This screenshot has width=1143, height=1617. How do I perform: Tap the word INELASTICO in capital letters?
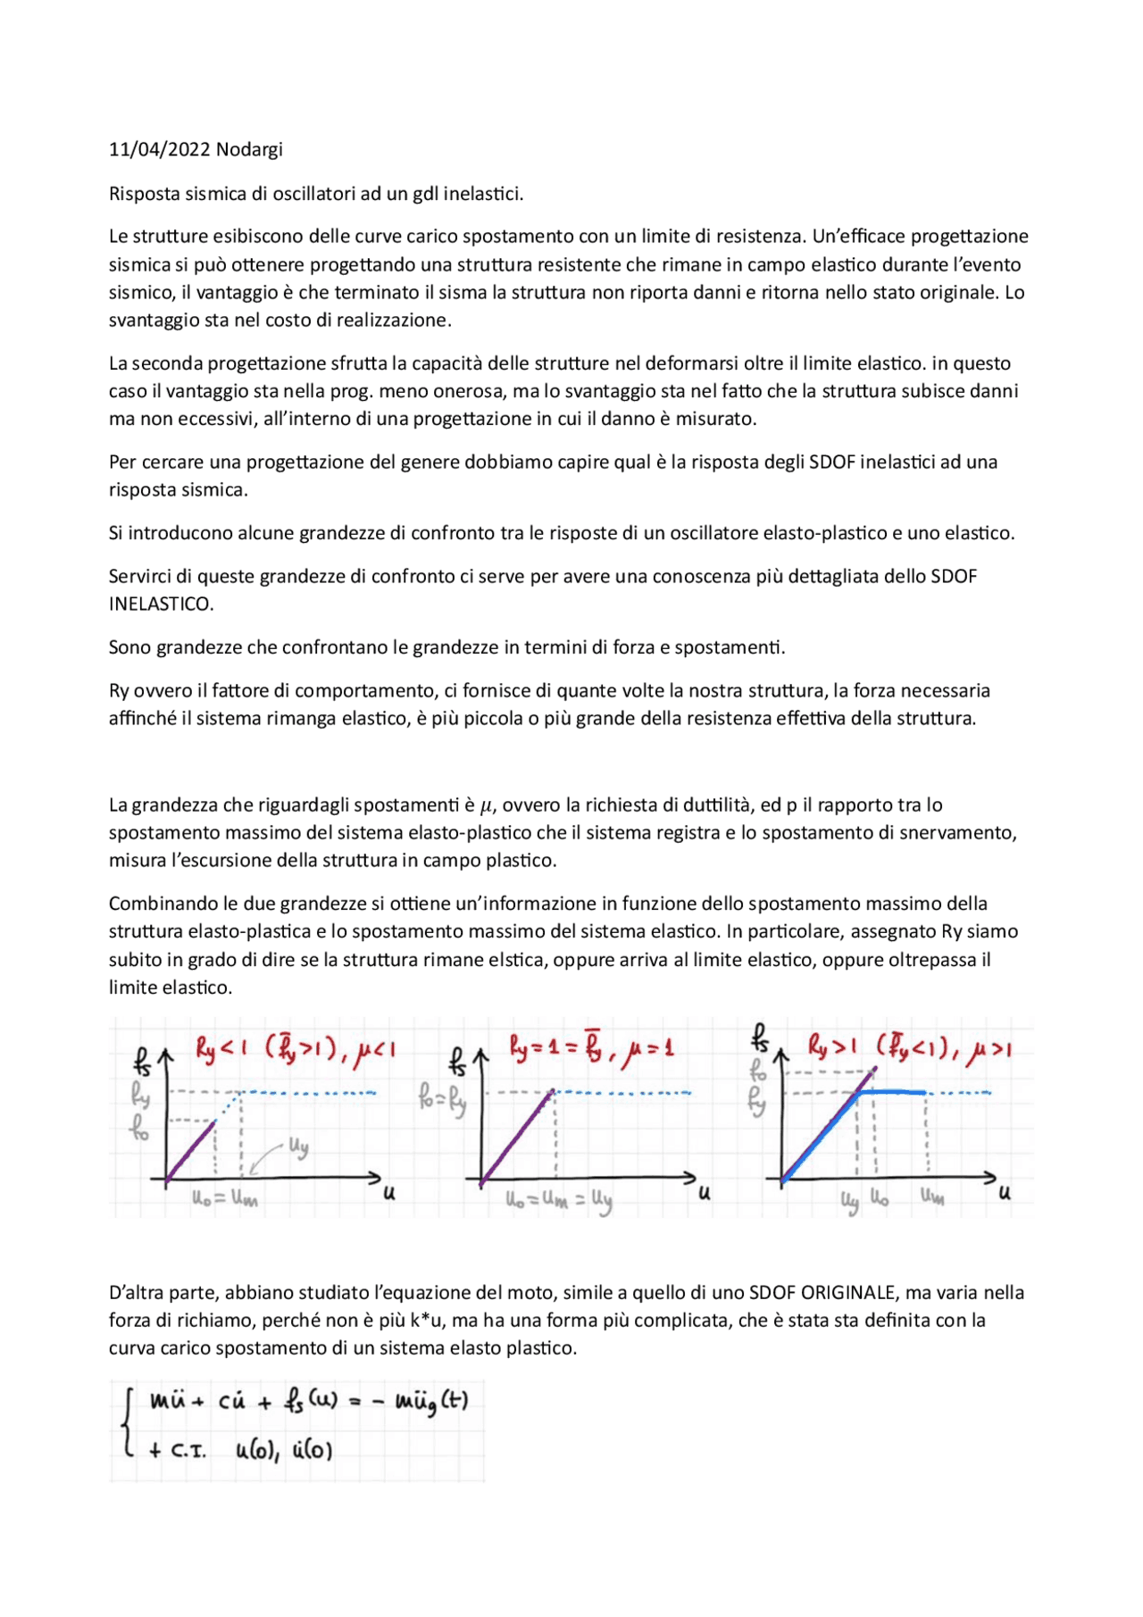[162, 604]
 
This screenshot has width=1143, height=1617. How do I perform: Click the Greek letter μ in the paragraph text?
[486, 806]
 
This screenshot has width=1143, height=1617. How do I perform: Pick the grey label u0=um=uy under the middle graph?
[558, 1201]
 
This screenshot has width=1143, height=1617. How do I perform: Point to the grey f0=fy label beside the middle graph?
[442, 1098]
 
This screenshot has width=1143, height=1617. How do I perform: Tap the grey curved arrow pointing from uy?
[265, 1157]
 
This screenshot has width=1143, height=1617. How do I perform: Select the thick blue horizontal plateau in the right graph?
[893, 1091]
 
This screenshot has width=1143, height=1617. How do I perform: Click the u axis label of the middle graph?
[705, 1193]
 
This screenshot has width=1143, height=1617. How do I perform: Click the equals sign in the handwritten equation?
[354, 1403]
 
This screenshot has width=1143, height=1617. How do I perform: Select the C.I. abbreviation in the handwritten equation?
[188, 1452]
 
